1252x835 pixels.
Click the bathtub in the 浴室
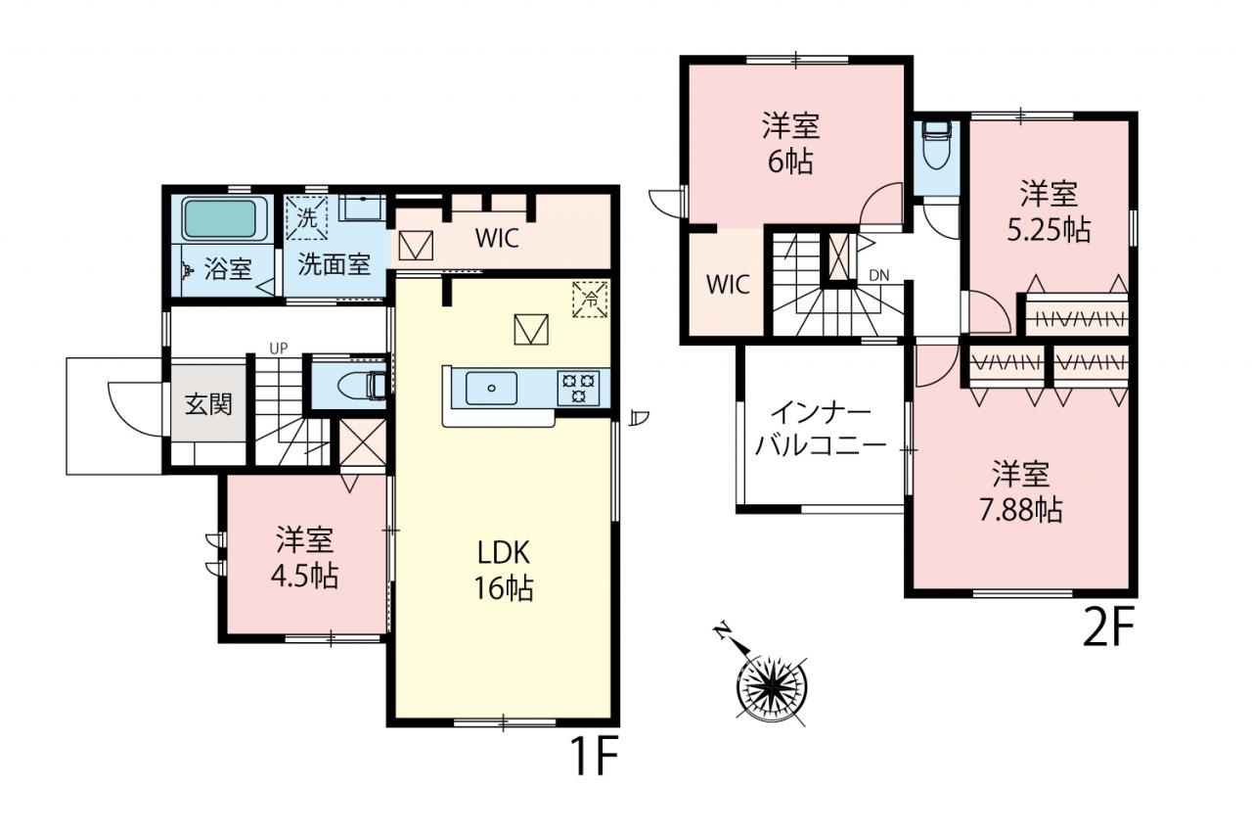[225, 218]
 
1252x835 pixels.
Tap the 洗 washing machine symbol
[307, 217]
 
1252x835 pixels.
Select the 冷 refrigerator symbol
[590, 300]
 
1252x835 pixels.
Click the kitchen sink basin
[491, 389]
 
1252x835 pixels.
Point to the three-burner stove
[578, 389]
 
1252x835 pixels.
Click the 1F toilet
[362, 386]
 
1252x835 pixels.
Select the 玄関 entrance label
[208, 404]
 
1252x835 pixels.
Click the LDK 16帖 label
[504, 571]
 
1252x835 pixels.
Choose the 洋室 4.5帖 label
[304, 558]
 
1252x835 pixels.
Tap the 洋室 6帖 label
[791, 144]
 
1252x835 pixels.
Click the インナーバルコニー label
[821, 430]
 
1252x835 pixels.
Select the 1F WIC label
[498, 239]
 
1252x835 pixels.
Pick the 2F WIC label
[728, 285]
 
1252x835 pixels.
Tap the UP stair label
[279, 349]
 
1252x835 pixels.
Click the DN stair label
[879, 275]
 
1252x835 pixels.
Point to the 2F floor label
[1109, 627]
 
